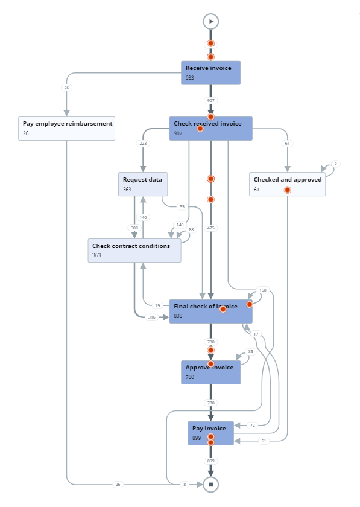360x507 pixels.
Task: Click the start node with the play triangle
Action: tap(210, 21)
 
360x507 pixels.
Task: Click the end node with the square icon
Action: tap(210, 484)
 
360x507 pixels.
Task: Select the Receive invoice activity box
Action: tap(210, 72)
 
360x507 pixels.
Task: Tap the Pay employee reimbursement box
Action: tap(66, 128)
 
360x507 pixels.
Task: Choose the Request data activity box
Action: tap(143, 183)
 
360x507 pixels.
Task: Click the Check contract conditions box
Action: tap(134, 250)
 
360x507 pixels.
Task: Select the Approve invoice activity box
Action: tap(210, 372)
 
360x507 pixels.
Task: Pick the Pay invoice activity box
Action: tap(210, 433)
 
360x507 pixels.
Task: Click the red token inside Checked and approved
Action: tap(288, 190)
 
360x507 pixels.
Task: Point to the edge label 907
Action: tap(211, 100)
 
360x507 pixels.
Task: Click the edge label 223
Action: tap(143, 144)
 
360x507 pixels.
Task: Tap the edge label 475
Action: tap(211, 228)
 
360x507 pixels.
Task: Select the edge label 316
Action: tap(152, 317)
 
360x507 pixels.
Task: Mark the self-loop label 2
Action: tap(336, 164)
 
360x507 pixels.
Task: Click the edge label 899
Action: tap(211, 461)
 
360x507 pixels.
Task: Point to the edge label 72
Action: tap(252, 426)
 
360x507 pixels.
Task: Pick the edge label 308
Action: tap(134, 228)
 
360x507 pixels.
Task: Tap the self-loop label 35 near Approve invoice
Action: tap(251, 352)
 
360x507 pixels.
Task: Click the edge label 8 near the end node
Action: tap(185, 484)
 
